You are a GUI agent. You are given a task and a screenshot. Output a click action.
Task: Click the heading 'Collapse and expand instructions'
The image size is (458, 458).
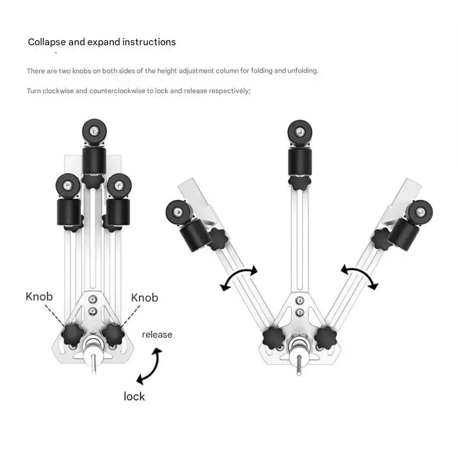(102, 42)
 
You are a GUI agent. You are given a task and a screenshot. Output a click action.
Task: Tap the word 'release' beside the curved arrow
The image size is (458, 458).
(157, 335)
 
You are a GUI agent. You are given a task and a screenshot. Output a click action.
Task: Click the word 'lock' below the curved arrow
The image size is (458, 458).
(134, 397)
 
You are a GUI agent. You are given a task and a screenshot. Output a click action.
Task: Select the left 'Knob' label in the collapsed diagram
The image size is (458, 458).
(39, 296)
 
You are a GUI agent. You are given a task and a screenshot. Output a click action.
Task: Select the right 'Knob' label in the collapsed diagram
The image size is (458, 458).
(144, 298)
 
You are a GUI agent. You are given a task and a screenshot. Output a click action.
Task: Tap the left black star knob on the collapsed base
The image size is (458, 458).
(73, 335)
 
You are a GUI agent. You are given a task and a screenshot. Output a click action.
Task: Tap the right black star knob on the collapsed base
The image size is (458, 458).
(113, 335)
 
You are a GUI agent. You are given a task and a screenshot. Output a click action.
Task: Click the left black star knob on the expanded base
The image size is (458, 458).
(274, 338)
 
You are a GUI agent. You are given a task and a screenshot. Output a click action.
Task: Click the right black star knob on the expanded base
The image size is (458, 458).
(325, 338)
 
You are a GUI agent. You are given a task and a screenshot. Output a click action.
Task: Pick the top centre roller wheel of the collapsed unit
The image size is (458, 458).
(94, 131)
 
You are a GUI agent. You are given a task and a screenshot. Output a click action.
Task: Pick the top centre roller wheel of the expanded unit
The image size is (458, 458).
(300, 132)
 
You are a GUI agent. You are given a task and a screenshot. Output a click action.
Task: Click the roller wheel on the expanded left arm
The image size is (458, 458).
(178, 212)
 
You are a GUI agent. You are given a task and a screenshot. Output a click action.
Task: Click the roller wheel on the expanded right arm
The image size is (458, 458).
(420, 213)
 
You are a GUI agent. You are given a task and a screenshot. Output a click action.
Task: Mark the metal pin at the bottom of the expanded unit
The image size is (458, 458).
(298, 365)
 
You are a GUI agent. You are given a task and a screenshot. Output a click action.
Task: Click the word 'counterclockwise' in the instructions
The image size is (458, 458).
(117, 91)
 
